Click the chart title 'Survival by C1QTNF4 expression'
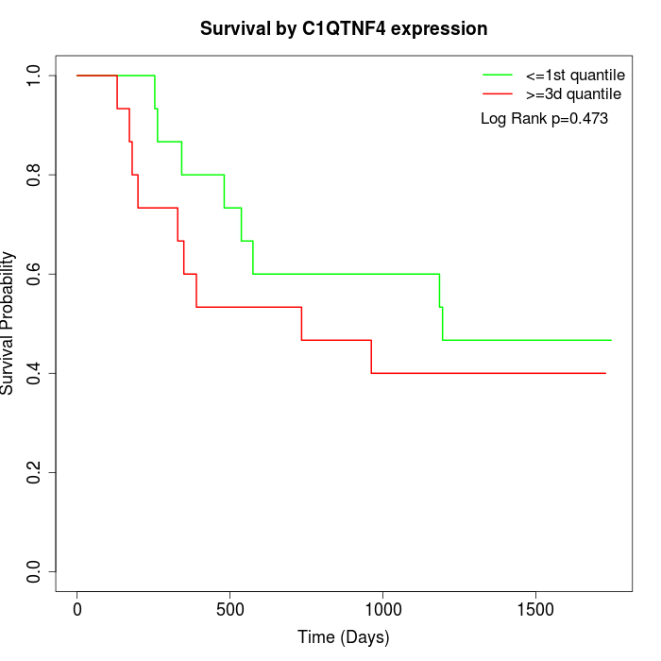click(344, 28)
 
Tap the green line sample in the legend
click(498, 75)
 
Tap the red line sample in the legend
click(498, 93)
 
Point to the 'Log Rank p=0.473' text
click(544, 119)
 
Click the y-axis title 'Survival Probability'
click(8, 323)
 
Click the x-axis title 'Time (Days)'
click(344, 637)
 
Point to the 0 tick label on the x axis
click(77, 609)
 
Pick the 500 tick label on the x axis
click(230, 609)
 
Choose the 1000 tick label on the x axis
click(382, 609)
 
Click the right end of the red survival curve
click(604, 373)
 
